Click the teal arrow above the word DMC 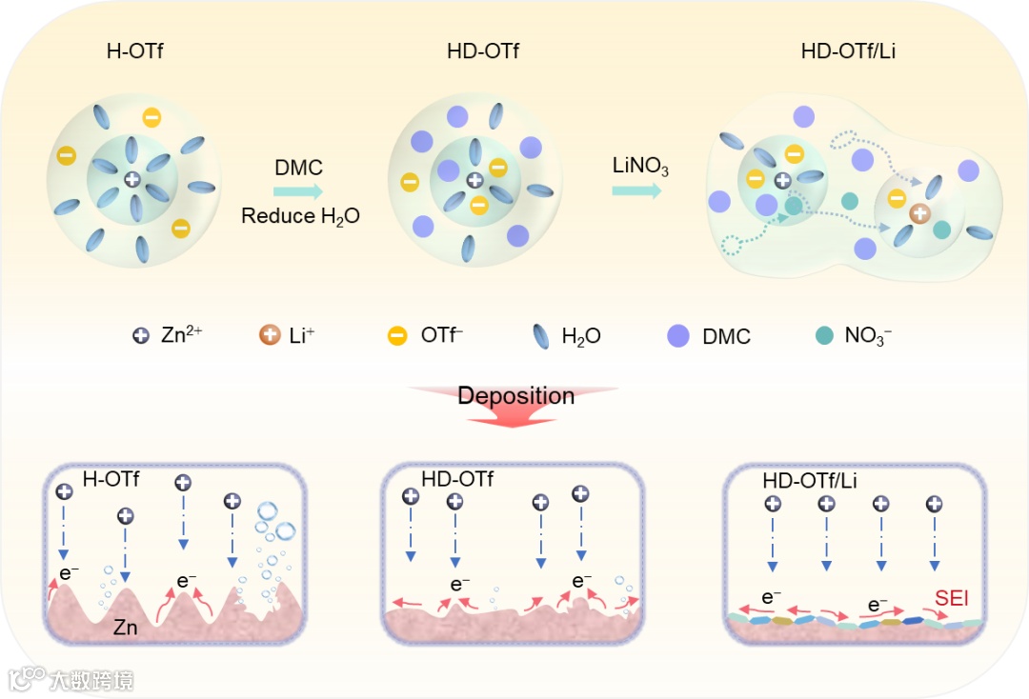point(298,192)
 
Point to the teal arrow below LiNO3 point(636,190)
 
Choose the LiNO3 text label point(639,167)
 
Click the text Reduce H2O point(300,216)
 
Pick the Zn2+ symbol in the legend point(141,335)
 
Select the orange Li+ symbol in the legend point(270,335)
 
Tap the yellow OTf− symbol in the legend point(398,335)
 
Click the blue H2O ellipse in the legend point(540,336)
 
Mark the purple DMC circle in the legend point(678,335)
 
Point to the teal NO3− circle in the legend point(824,335)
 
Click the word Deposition point(515,395)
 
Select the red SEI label point(951,599)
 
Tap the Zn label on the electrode point(125,629)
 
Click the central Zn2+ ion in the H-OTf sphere point(132,179)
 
